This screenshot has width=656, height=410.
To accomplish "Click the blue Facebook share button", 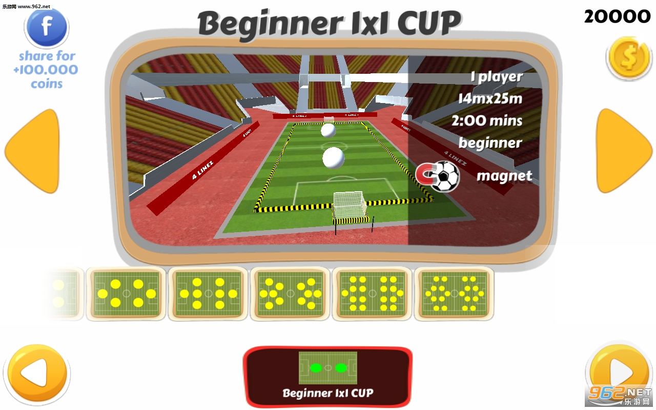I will click(x=47, y=27).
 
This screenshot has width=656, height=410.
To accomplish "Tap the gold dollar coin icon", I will click(x=628, y=58).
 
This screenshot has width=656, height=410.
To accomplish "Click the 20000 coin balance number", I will click(x=617, y=17).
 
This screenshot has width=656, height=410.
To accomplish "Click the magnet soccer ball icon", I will click(x=438, y=176).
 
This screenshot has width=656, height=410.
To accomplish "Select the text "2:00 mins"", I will click(x=486, y=121).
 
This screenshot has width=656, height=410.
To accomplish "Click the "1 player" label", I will click(x=496, y=77).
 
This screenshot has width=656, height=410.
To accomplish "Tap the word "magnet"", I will click(x=504, y=176).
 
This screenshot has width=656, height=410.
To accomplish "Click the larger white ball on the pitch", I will click(x=333, y=157).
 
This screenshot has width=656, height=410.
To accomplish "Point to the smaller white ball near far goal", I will click(x=328, y=130).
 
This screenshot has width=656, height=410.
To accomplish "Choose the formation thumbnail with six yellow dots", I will click(x=126, y=294).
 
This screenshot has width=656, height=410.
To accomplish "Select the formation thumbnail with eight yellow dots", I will click(x=208, y=294).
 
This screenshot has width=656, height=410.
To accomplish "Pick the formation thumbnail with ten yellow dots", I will click(x=290, y=294).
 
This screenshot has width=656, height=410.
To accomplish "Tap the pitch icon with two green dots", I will click(x=328, y=367).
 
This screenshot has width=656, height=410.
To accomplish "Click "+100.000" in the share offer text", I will click(x=46, y=70).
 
